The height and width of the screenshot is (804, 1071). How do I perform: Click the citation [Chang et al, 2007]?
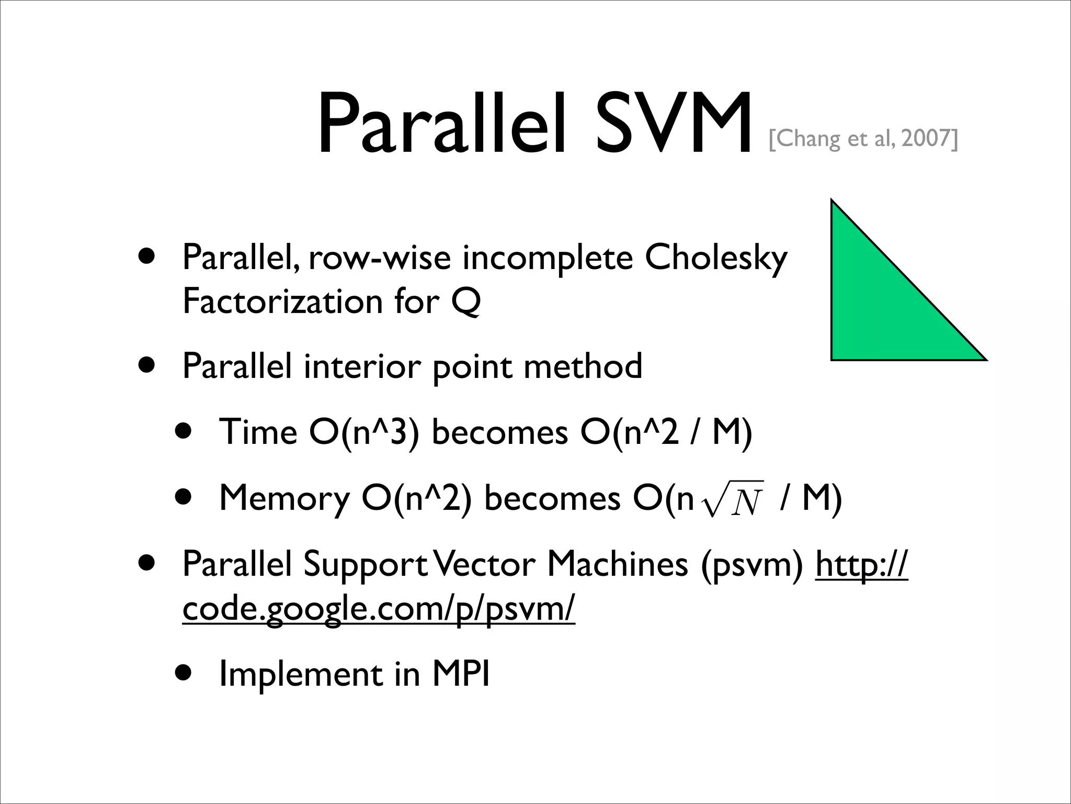coord(863,139)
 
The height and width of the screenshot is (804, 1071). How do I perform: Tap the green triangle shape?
coord(884,309)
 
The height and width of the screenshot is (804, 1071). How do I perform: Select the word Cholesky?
coord(715,258)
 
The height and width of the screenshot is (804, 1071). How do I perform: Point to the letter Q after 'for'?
coord(465,303)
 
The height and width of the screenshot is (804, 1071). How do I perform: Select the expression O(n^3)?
coord(364,433)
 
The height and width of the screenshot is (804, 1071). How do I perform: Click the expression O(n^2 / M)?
coord(666,433)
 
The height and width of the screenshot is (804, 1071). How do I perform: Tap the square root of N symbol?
coord(733,499)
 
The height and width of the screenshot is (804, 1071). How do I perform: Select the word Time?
coord(258,433)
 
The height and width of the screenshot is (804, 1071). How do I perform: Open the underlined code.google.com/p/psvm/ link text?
coord(379,609)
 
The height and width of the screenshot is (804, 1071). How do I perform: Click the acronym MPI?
coord(461,674)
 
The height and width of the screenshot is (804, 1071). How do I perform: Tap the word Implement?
coord(301,675)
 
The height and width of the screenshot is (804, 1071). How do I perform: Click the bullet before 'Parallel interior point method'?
coord(147,365)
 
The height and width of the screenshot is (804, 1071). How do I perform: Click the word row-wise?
coord(379,258)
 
